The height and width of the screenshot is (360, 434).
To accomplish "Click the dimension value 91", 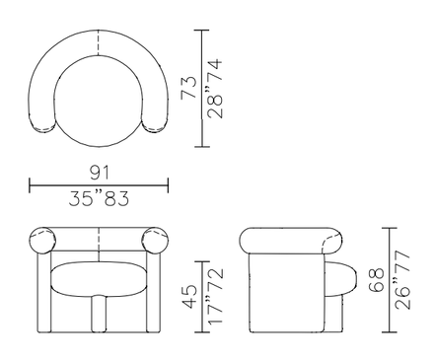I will coord(99,172).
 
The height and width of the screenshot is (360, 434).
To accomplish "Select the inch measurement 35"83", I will coord(99,198).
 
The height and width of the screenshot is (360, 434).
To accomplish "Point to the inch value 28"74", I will coord(214,87).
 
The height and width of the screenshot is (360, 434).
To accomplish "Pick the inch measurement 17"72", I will coord(214,297).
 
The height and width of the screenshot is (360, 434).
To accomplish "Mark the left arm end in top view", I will coord(44,122).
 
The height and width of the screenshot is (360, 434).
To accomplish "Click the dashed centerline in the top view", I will coord(99,45).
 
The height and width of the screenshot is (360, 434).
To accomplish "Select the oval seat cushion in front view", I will coord(99,279).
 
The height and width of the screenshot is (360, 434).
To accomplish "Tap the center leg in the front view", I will coord(99,314).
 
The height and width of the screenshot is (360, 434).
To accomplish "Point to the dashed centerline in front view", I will coord(99,241).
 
